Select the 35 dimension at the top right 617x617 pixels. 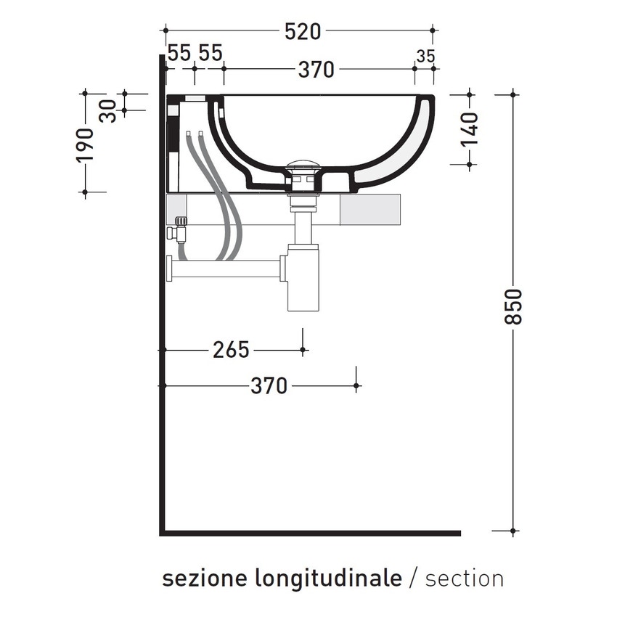425,55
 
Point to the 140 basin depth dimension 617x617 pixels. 470,129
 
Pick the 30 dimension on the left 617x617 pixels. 107,111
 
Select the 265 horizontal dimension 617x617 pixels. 231,350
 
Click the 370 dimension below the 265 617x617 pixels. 269,386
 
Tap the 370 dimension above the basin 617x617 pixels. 316,70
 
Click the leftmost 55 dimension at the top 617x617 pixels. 179,53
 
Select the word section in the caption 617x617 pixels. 465,579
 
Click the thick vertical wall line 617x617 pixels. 160,327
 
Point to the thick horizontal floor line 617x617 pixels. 312,534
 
